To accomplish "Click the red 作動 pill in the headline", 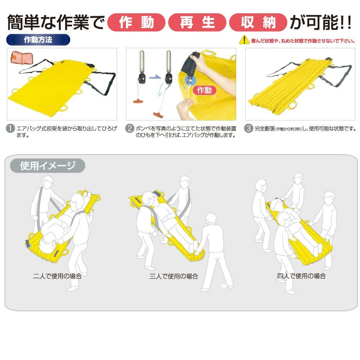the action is (136, 22).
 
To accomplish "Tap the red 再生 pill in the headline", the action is (197, 22).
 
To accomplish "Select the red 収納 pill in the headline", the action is (258, 22).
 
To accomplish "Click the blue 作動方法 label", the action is (38, 40).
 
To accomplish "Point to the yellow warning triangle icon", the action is (244, 40).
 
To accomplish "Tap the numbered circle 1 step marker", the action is (10, 128).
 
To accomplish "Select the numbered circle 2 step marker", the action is (130, 128).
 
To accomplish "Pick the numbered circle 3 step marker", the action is (248, 128).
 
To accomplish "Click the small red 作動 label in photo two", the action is (204, 90).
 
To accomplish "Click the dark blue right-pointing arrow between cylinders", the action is (155, 77).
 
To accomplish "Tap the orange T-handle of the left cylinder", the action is (138, 101).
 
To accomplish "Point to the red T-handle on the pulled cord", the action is (158, 115).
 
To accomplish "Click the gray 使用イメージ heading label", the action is (48, 165).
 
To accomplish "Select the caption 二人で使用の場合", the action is (58, 276).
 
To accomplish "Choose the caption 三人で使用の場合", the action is (174, 276).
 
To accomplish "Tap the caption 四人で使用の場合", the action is (301, 276).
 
